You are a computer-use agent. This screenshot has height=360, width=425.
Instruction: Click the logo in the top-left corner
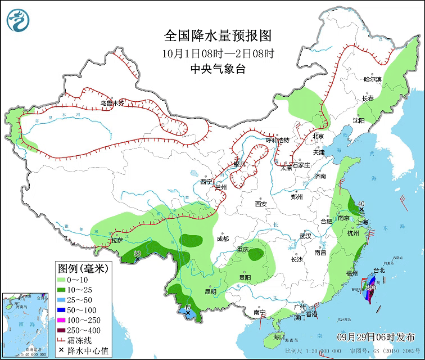coord(17,20)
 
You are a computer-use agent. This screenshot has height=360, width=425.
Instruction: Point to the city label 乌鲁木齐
coord(111,103)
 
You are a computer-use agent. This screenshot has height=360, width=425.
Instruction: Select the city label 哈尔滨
coord(372,79)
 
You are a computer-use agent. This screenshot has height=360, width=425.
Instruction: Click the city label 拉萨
coord(117,240)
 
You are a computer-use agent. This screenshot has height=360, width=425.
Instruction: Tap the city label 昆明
coord(210,291)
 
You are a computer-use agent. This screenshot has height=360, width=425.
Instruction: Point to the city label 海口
coord(279,336)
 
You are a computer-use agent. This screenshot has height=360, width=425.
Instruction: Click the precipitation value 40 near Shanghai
coord(361,204)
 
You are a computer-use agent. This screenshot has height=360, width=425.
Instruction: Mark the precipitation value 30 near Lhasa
coord(137,254)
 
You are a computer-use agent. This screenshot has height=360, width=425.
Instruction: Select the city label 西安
coord(261,204)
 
